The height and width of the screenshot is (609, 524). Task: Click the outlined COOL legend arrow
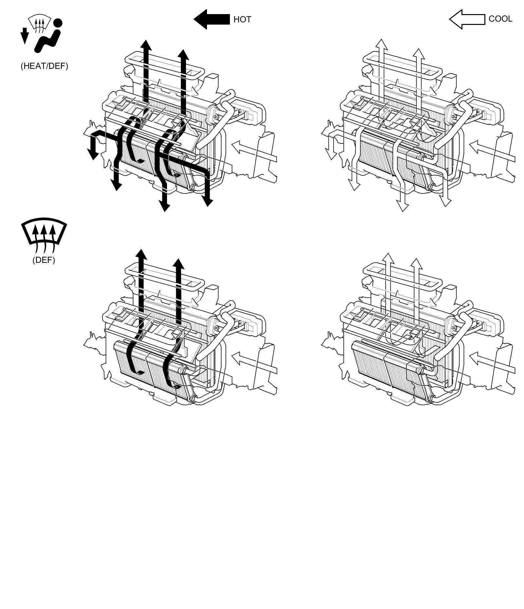click(466, 19)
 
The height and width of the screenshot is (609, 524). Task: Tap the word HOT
click(242, 20)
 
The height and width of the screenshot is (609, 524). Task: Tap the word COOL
click(500, 19)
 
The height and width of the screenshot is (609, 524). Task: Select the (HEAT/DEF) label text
click(44, 66)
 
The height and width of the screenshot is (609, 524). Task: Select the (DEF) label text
click(44, 260)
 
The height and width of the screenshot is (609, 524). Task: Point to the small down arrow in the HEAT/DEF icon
click(25, 36)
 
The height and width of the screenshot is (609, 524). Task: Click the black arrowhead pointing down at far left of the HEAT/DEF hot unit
click(93, 154)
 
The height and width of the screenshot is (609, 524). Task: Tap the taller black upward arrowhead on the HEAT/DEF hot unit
click(146, 45)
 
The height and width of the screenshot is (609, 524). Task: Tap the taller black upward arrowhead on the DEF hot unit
click(141, 254)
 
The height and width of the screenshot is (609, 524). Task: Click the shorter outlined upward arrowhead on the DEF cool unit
click(416, 264)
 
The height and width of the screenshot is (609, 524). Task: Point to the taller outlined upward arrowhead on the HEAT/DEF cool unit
click(381, 44)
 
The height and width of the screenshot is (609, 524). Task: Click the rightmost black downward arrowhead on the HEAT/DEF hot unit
click(208, 202)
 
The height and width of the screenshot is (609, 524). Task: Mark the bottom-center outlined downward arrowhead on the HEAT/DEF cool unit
click(402, 207)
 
